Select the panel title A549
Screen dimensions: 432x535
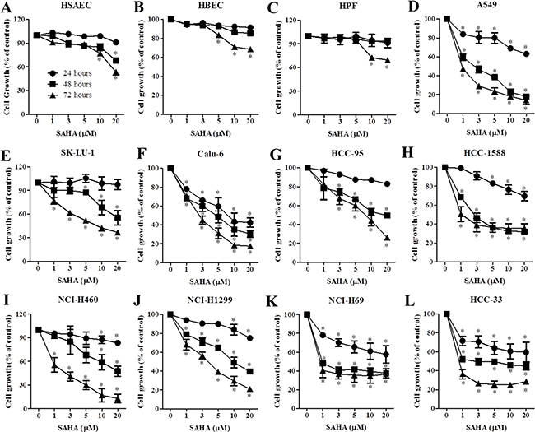click(486, 7)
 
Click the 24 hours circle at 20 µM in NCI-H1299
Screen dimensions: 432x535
click(249, 337)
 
